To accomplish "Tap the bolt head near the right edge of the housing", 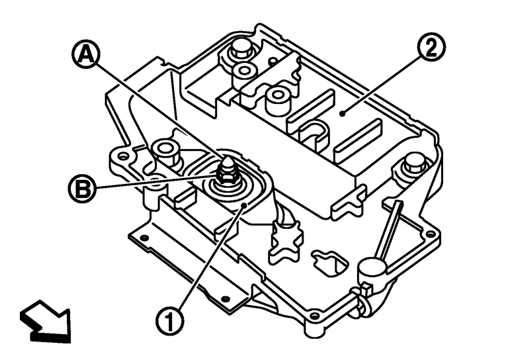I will click(x=412, y=161).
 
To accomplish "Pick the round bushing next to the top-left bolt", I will click(x=245, y=70).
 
